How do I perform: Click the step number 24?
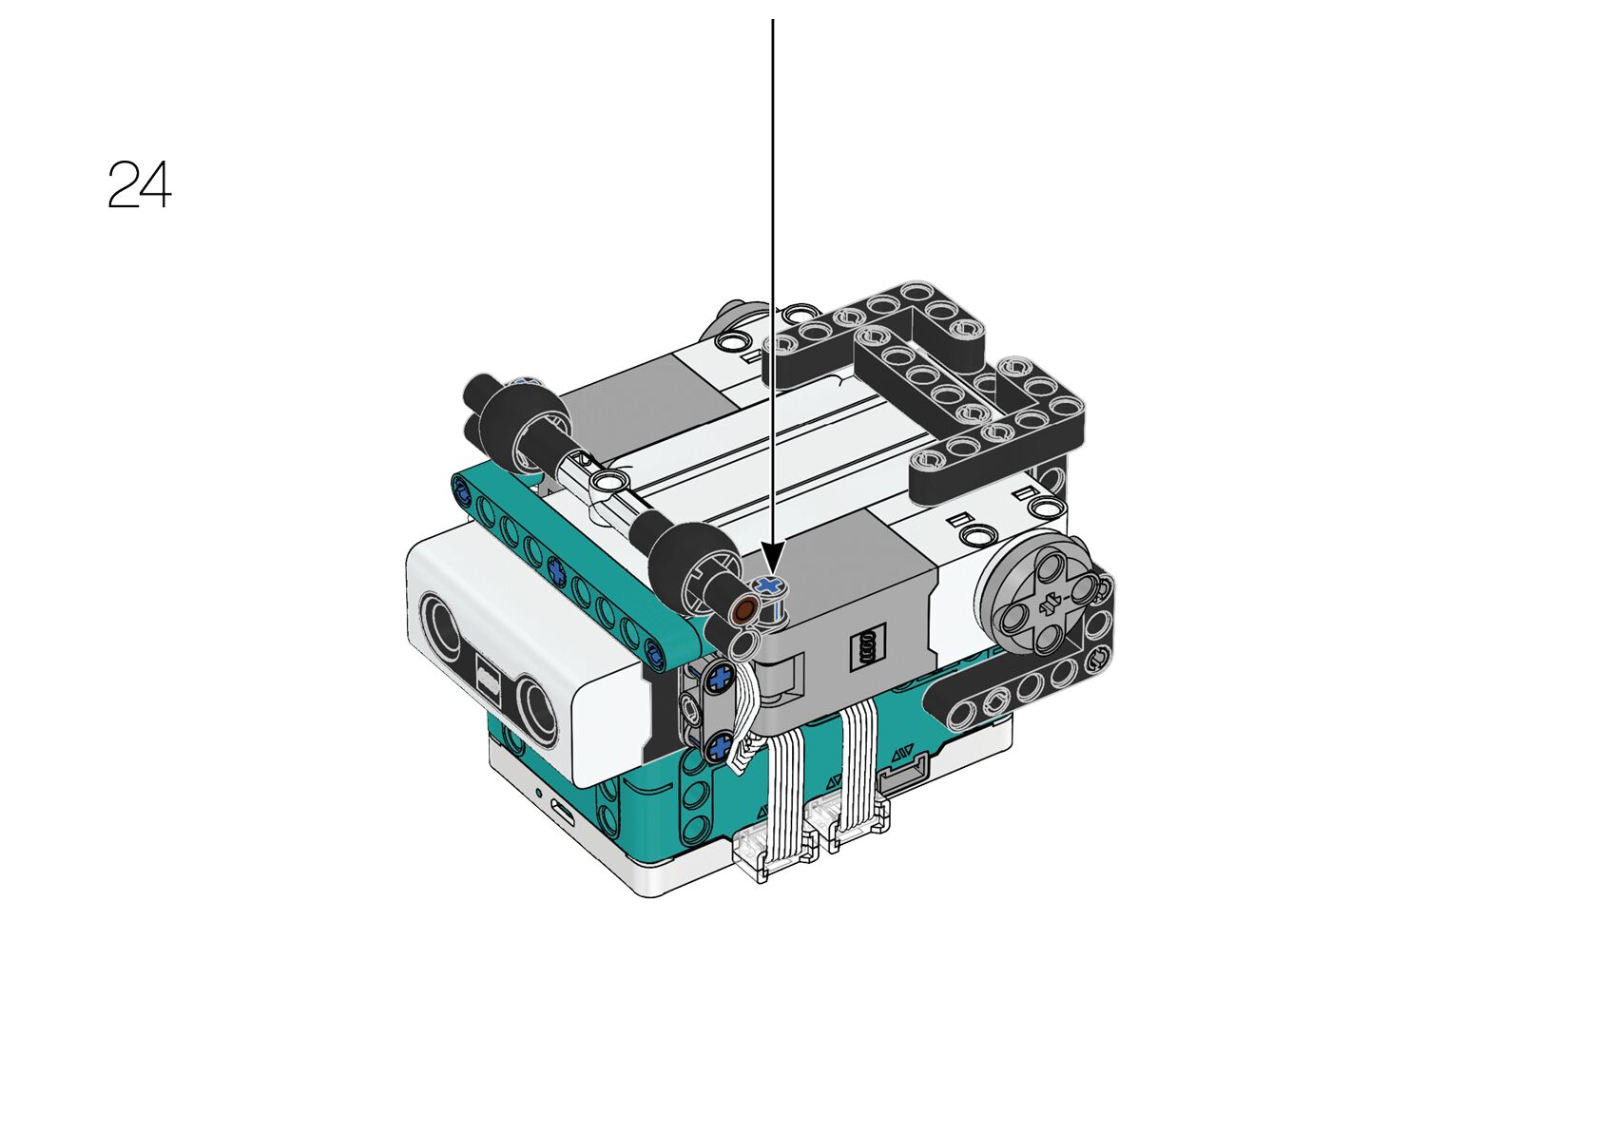point(140,184)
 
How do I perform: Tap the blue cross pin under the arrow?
point(768,586)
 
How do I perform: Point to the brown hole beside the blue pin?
point(745,609)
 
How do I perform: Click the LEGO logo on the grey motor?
point(867,647)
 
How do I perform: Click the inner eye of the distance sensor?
point(538,710)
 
